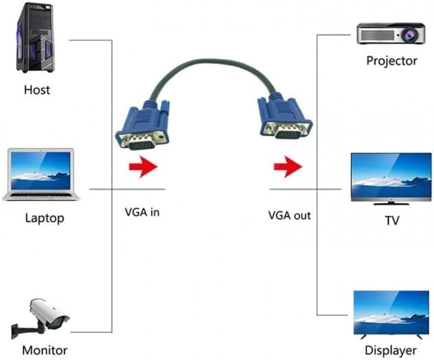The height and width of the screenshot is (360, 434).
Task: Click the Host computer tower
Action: [34, 38]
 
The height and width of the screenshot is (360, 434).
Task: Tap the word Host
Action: [37, 90]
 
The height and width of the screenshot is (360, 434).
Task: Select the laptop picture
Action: [41, 174]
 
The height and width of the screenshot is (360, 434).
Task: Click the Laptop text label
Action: [44, 219]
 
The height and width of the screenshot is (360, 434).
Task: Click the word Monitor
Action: [44, 350]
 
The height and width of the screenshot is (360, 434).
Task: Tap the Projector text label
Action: [392, 61]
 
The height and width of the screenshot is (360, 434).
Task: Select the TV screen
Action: [391, 177]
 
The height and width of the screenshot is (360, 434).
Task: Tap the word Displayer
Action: [391, 350]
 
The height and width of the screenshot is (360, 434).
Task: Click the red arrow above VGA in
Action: [143, 166]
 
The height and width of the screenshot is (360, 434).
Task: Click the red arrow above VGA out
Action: [288, 166]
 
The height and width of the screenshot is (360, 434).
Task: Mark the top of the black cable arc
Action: [214, 61]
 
